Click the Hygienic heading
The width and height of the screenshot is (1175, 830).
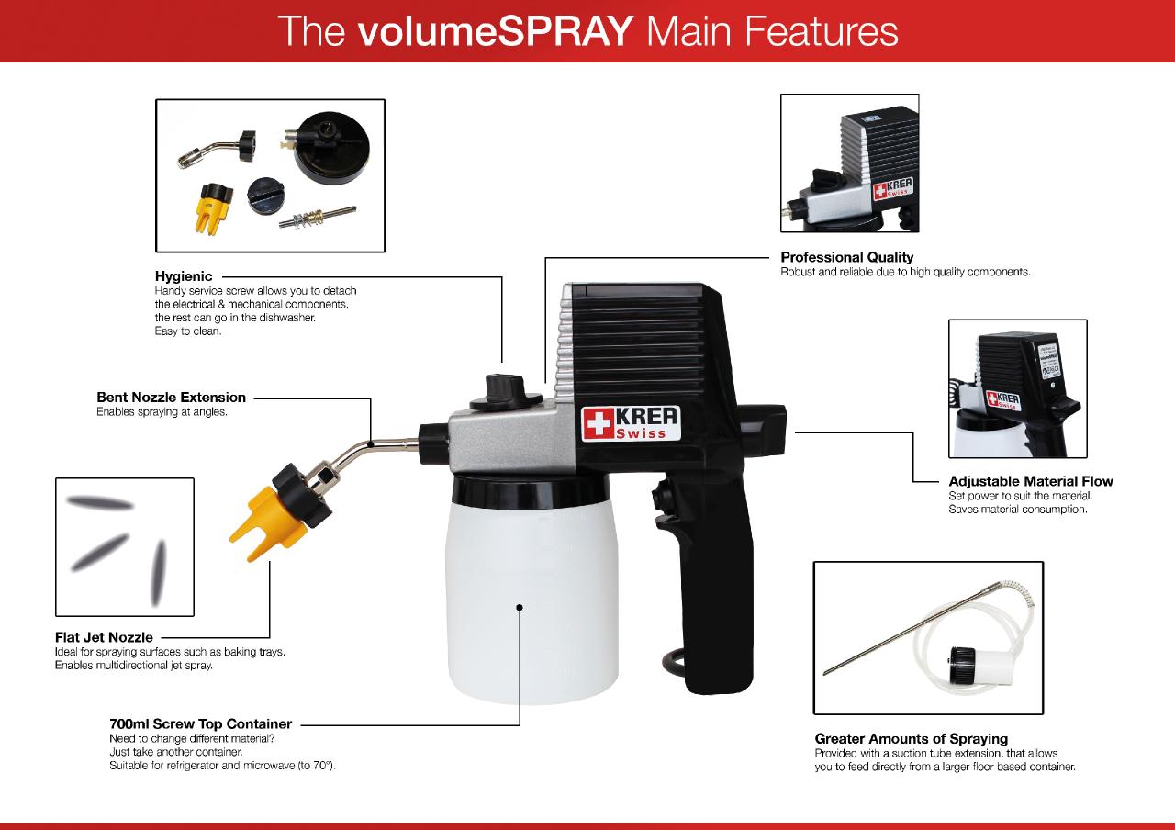(184, 276)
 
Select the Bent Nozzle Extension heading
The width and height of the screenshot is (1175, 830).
(171, 398)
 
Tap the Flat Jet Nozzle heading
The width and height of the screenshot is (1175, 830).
(104, 637)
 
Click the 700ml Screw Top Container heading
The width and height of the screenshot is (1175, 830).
(200, 724)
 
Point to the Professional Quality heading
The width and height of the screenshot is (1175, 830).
(846, 257)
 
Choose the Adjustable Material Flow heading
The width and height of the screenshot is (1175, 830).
(1030, 481)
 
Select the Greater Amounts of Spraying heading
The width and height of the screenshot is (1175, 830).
(912, 739)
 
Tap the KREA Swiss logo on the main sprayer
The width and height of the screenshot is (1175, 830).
(631, 423)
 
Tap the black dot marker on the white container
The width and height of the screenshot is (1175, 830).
(520, 608)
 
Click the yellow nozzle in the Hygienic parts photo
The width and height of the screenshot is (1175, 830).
(214, 208)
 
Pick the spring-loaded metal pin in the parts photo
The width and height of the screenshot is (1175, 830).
(318, 217)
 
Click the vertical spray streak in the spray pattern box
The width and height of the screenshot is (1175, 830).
(158, 573)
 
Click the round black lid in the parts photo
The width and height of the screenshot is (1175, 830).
(330, 148)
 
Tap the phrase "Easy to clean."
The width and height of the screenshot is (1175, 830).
(188, 331)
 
